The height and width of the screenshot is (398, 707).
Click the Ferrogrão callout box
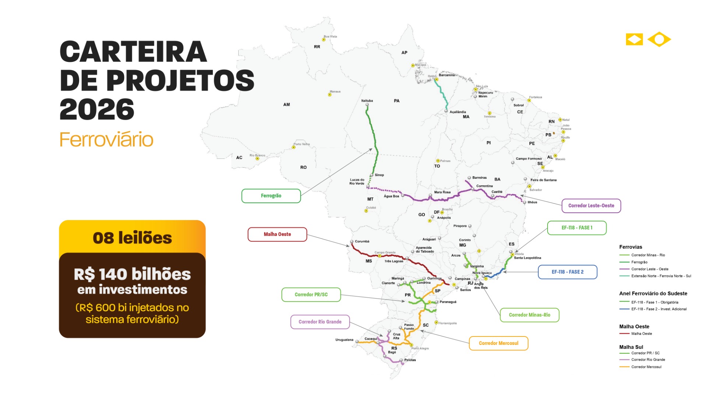click(x=271, y=196)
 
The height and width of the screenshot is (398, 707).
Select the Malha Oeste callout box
click(x=277, y=234)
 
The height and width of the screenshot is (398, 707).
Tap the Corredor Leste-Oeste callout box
click(x=591, y=206)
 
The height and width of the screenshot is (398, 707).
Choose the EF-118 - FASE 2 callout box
click(x=567, y=272)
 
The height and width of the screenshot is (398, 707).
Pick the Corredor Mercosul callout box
click(x=498, y=343)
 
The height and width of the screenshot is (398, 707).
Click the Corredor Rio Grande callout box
click(x=320, y=322)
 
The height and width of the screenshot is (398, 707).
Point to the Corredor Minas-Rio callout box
click(x=529, y=315)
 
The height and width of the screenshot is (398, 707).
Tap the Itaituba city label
click(x=367, y=101)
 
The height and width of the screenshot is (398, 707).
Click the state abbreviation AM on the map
click(x=286, y=105)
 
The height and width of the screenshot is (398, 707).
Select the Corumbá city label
click(x=362, y=241)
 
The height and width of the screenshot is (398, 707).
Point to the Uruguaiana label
click(x=344, y=340)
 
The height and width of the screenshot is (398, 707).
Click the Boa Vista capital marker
click(x=324, y=39)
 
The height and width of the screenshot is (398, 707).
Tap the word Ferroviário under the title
click(x=106, y=140)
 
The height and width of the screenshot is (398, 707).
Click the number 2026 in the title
click(x=97, y=109)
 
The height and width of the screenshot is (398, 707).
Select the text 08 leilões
click(x=132, y=238)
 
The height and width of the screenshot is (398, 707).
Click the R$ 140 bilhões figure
click(x=132, y=274)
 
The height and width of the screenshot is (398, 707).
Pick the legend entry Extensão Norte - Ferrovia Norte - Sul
click(x=661, y=276)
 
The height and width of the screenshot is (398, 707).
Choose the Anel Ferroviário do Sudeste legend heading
click(x=653, y=294)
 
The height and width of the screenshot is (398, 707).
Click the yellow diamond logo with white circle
click(x=659, y=39)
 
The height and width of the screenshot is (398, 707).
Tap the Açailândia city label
click(x=457, y=112)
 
